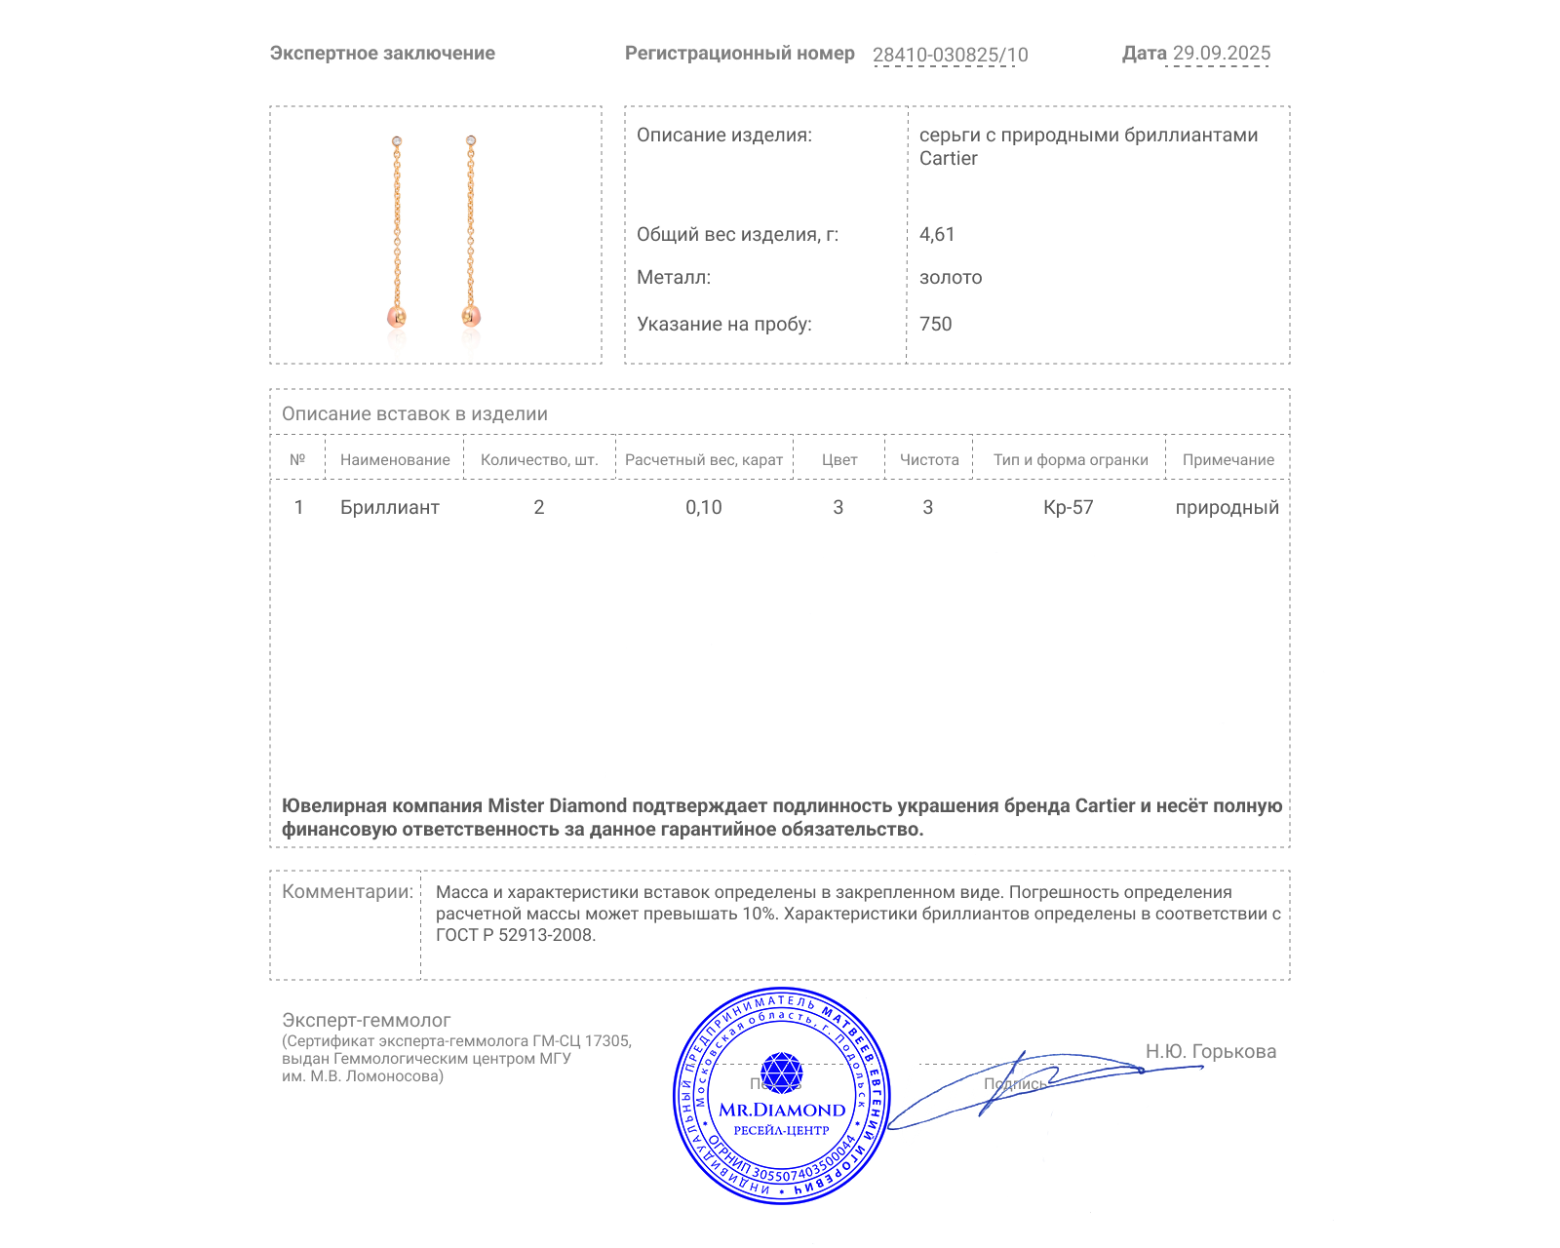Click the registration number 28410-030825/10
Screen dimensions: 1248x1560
950,55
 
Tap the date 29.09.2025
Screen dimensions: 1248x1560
1221,53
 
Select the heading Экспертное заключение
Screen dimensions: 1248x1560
382,54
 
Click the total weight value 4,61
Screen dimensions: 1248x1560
937,234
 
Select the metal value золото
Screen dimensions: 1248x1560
951,277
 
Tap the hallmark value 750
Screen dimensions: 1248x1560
935,324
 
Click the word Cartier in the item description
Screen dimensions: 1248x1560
948,158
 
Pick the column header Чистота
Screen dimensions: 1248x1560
929,459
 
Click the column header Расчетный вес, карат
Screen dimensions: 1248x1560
704,459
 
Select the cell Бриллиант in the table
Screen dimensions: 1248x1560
390,507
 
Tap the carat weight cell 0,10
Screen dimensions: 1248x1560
704,507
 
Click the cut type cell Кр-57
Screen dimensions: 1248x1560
1069,507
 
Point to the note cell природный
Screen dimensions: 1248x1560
1227,507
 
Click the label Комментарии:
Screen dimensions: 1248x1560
347,891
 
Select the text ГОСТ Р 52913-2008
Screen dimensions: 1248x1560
515,935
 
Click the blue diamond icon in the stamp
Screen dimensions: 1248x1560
781,1072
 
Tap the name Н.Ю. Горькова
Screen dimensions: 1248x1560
1210,1051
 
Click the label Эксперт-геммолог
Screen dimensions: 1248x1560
367,1020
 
